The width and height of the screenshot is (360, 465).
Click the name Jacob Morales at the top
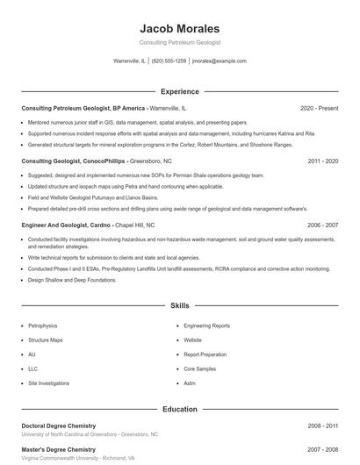pos(179,28)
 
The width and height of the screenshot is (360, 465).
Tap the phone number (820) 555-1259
pos(169,61)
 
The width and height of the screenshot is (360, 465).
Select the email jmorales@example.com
pos(219,61)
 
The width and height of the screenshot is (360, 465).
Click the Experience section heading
pos(180,91)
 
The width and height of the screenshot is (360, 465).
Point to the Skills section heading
pos(180,305)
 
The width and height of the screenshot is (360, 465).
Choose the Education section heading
pos(180,409)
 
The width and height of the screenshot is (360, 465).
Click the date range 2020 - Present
pos(319,108)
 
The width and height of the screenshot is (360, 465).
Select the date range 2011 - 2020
pos(323,161)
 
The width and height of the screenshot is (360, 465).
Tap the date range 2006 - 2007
pos(323,225)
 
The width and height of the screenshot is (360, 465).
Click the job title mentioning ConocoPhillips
pos(84,161)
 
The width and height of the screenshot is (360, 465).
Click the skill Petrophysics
pos(45,325)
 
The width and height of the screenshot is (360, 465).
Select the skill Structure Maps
pos(46,340)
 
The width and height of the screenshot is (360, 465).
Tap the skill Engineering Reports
pos(206,325)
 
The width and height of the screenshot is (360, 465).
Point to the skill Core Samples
pos(199,369)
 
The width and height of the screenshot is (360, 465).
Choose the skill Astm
pos(190,384)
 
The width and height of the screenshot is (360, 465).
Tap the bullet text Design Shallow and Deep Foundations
pos(72,280)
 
